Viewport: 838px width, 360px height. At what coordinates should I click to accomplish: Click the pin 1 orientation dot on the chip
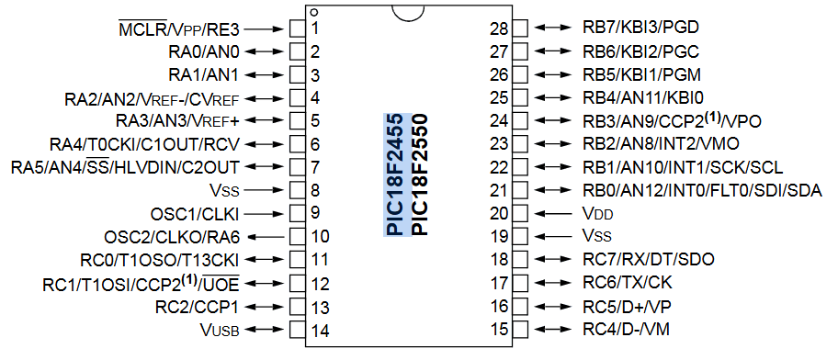[x=314, y=13]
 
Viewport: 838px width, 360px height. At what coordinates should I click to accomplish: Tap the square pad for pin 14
[x=297, y=329]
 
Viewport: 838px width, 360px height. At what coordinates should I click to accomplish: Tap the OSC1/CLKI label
[x=203, y=214]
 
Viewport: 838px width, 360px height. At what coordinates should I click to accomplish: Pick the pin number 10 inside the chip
[x=320, y=236]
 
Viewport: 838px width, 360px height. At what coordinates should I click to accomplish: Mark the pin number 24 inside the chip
[x=499, y=120]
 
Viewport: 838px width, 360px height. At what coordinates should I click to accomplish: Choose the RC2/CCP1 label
[x=197, y=306]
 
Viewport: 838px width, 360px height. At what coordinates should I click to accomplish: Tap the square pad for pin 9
[x=297, y=214]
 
